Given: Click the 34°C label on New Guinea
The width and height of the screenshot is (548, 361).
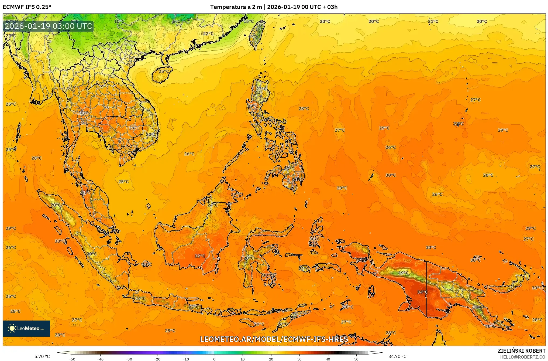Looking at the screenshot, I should click(422, 292).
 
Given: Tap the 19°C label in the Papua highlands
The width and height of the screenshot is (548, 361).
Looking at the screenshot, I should click(403, 273).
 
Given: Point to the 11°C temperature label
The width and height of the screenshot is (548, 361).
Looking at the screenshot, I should click(477, 307).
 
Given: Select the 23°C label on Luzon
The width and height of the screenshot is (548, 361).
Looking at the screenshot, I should click(261, 89).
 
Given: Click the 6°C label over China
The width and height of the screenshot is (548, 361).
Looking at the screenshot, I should click(176, 22).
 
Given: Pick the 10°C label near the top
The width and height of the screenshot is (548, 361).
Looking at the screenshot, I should click(119, 22).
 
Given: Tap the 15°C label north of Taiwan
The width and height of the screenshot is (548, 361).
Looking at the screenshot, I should click(249, 21).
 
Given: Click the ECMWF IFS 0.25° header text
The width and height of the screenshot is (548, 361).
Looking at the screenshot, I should click(27, 7).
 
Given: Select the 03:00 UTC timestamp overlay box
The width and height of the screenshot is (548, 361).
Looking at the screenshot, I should click(49, 26).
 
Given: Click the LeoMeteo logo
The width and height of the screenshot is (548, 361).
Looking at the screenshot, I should click(26, 328).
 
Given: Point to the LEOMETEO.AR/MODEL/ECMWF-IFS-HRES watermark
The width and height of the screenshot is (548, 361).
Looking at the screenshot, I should click(274, 339).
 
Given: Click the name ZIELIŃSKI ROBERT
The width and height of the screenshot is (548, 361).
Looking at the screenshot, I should click(521, 351).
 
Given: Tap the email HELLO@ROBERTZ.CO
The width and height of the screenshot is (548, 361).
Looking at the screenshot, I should click(523, 357).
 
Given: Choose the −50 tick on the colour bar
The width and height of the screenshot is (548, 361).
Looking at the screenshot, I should click(72, 359).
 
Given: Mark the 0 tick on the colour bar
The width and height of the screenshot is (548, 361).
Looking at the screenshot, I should click(214, 359).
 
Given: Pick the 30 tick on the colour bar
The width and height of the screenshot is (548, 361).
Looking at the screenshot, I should click(299, 359).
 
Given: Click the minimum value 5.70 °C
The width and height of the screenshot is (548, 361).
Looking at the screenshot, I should click(42, 356).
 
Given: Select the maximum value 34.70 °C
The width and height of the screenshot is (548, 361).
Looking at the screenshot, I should click(397, 356).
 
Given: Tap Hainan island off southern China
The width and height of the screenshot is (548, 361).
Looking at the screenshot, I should click(161, 74).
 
